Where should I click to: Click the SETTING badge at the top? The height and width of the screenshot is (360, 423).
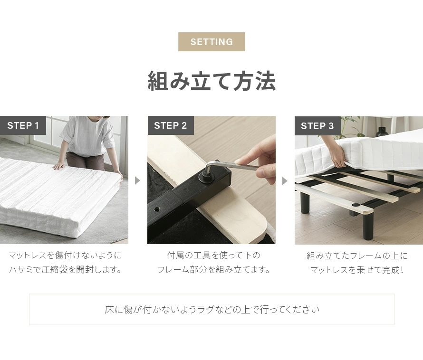click(211, 42)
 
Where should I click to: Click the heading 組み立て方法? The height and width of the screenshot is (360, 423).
click(212, 81)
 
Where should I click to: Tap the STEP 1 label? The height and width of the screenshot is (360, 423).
click(23, 125)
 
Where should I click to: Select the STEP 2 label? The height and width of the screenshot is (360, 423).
click(171, 125)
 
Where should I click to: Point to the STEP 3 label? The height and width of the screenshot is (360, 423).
click(317, 126)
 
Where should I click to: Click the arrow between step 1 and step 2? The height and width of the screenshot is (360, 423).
click(137, 180)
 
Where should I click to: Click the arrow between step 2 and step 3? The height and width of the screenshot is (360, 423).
click(285, 181)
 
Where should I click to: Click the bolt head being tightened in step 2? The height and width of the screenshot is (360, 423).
click(206, 177)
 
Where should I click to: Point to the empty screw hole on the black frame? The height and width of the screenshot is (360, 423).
click(157, 209)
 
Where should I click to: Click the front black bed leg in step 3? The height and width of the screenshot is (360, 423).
click(368, 226)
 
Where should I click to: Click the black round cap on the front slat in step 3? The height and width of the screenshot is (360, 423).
click(356, 205)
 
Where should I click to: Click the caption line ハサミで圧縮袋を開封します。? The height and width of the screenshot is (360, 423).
click(66, 269)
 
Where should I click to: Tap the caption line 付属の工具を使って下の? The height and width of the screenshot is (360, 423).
click(213, 255)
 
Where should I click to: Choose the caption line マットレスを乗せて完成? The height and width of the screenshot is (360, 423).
click(356, 270)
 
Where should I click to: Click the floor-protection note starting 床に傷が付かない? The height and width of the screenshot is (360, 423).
click(212, 310)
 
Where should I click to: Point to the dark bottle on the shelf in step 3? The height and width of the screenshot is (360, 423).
click(382, 132)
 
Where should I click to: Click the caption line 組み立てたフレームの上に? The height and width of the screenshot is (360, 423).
click(357, 256)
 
